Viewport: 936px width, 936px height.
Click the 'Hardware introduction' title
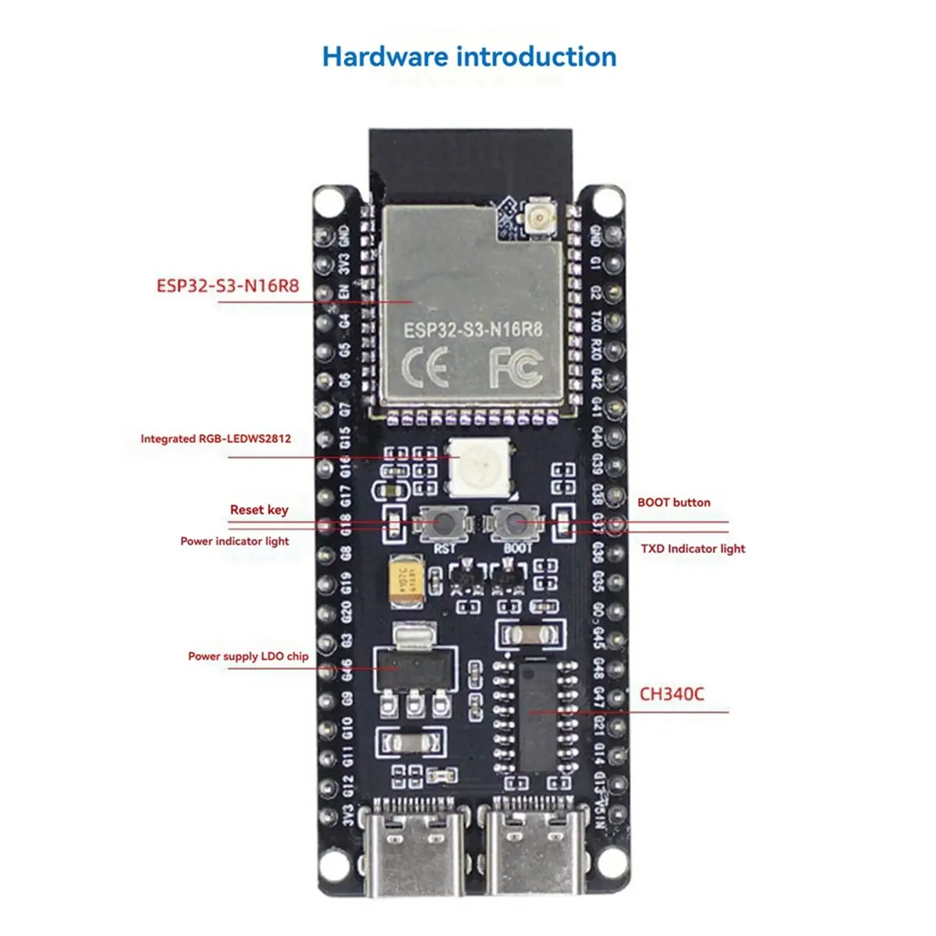click(469, 57)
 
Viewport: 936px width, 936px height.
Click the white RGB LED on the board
click(479, 467)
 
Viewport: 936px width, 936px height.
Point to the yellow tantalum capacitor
click(406, 577)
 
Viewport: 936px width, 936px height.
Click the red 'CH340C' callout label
click(672, 693)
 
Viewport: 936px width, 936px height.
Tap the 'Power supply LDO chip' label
click(248, 656)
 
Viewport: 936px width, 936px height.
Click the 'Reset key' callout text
click(259, 509)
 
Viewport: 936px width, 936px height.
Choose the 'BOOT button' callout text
click(674, 502)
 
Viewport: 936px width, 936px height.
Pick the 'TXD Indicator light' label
click(693, 548)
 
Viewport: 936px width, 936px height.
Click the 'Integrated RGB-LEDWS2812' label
click(215, 438)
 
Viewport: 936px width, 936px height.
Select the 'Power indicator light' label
click(234, 541)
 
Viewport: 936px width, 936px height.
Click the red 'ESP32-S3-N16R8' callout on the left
click(228, 285)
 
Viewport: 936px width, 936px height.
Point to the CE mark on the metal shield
click(424, 367)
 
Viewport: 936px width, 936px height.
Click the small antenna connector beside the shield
click(537, 214)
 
